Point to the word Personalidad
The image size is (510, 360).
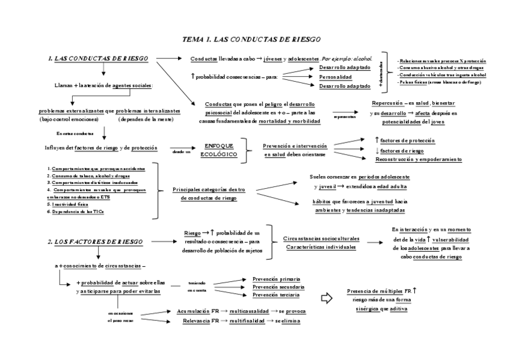coord(336,77)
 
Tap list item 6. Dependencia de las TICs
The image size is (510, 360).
coord(76,212)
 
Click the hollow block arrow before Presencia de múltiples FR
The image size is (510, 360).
coord(327,297)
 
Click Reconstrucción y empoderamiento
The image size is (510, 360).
coord(419,159)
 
